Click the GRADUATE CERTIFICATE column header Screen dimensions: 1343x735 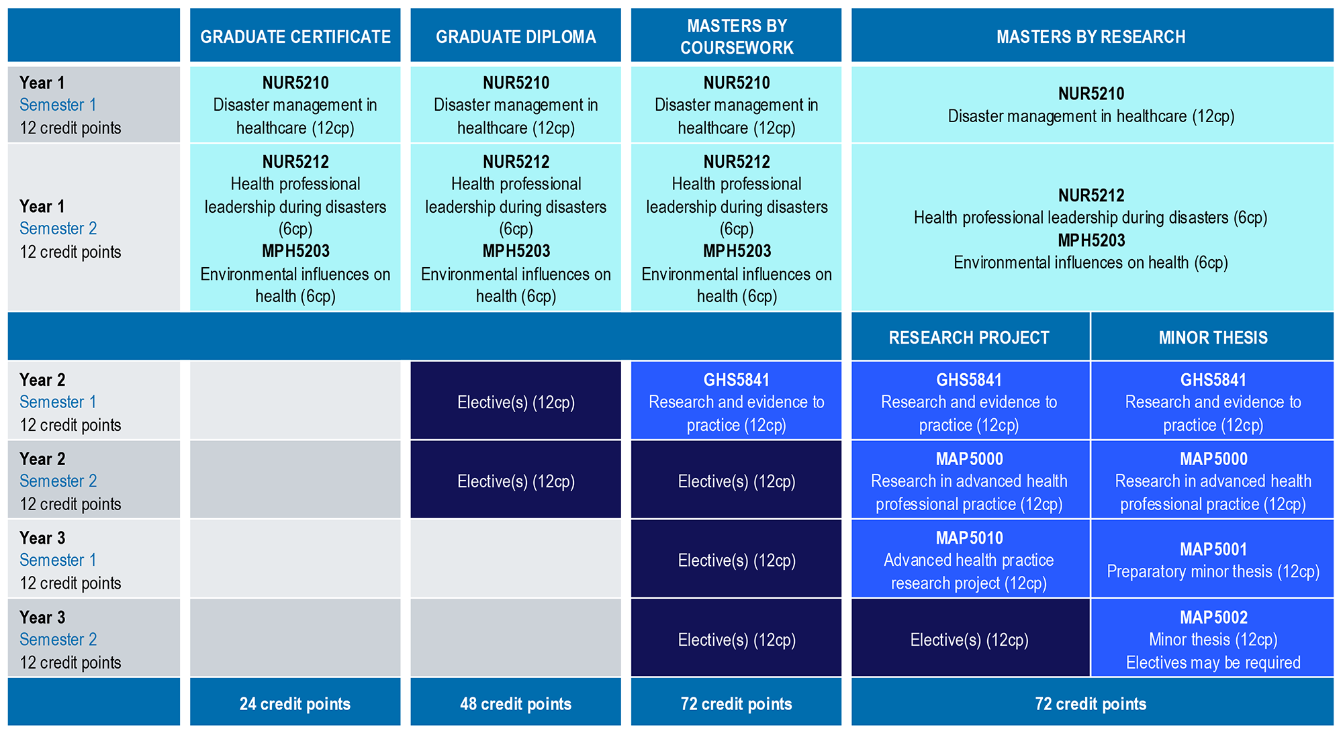pyautogui.click(x=295, y=36)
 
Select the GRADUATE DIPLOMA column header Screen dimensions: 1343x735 pyautogui.click(x=516, y=36)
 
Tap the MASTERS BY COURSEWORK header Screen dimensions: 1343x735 pyautogui.click(x=736, y=36)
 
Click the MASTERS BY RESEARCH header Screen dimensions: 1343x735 pyautogui.click(x=1092, y=36)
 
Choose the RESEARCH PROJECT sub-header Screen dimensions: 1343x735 pyautogui.click(x=970, y=337)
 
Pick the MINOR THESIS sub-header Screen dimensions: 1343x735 pyautogui.click(x=1213, y=337)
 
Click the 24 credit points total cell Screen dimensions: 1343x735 pyautogui.click(x=295, y=702)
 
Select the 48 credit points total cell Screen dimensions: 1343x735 pyautogui.click(x=516, y=702)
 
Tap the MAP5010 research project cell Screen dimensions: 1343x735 pyautogui.click(x=970, y=558)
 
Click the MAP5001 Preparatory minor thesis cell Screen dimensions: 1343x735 pyautogui.click(x=1213, y=558)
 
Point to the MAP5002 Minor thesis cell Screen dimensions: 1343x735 pyautogui.click(x=1213, y=638)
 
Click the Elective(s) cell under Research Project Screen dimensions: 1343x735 pyautogui.click(x=970, y=638)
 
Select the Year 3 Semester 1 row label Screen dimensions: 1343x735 pyautogui.click(x=94, y=558)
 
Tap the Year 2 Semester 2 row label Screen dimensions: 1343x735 pyautogui.click(x=94, y=479)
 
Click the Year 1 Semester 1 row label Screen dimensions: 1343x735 pyautogui.click(x=94, y=104)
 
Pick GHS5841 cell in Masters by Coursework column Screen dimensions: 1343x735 pyautogui.click(x=736, y=400)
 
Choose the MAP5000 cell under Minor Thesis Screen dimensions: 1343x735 pyautogui.click(x=1213, y=479)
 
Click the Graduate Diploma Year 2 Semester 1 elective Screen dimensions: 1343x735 pyautogui.click(x=516, y=400)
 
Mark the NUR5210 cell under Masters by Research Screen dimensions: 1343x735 pyautogui.click(x=1092, y=104)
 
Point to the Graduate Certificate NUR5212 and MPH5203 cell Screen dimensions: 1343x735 pyautogui.click(x=295, y=228)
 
